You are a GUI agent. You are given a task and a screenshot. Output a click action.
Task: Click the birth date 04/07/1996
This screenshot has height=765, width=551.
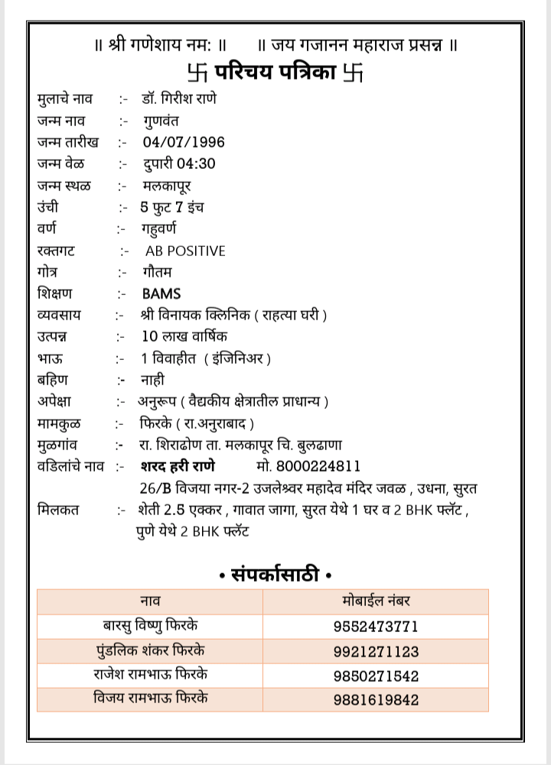pos(184,142)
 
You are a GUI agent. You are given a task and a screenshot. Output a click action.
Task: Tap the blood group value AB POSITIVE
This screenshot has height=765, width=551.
pos(185,251)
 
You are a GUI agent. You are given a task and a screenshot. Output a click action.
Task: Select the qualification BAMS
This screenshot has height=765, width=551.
pos(161,293)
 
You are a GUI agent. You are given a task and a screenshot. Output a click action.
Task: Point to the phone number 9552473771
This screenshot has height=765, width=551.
pos(376,627)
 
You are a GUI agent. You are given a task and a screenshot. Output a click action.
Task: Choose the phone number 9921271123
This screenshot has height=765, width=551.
pos(376,652)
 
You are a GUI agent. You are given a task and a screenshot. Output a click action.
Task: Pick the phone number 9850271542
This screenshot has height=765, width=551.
pos(376,676)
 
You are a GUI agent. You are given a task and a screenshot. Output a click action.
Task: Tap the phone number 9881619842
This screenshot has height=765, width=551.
pos(376,700)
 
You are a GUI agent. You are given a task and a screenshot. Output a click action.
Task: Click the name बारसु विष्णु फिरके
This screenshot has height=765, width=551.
pos(151,626)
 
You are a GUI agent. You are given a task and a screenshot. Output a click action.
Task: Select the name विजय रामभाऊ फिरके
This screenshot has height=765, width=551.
pos(151,699)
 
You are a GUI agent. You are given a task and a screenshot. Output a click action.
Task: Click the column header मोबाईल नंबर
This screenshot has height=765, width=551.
pos(377,601)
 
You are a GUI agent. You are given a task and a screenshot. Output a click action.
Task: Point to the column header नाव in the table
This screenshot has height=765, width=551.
pos(150,601)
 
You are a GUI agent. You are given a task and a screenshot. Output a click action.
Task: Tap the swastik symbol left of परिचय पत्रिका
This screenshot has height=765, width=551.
pos(195,73)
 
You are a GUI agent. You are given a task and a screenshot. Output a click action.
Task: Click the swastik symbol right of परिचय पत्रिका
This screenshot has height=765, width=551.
pos(353,73)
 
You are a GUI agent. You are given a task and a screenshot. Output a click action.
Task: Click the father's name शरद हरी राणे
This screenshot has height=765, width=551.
pos(178,466)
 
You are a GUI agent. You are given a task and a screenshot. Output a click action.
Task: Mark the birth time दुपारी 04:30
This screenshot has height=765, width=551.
pos(179,164)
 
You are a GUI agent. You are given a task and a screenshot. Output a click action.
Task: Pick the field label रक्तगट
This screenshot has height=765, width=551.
pos(56,251)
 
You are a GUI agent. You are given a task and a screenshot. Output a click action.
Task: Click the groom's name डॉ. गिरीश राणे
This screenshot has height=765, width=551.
pos(178,99)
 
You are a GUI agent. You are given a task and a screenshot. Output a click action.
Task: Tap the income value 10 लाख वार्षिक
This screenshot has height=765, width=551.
pos(184,336)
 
